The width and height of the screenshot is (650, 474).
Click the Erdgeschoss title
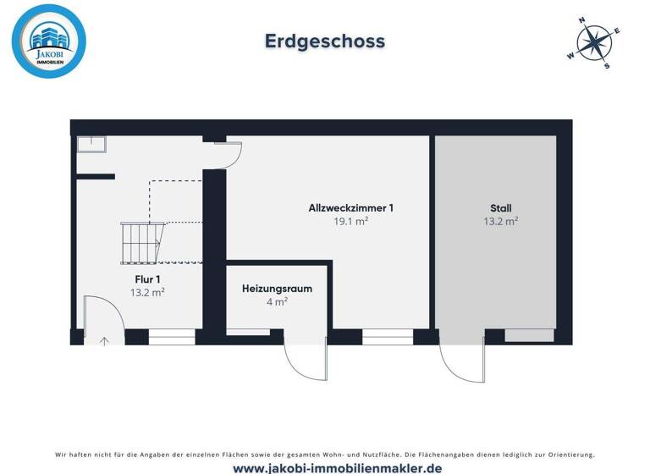coord(325,41)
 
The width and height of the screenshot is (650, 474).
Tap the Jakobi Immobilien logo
coord(49,41)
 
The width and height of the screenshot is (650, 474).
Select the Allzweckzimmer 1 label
coord(351,207)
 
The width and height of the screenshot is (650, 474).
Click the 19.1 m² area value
coord(351,222)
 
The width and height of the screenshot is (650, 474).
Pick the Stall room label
coord(500,207)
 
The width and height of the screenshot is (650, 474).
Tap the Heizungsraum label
coord(277,288)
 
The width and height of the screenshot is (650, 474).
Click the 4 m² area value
coord(277,301)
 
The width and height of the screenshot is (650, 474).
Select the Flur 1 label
coord(147,278)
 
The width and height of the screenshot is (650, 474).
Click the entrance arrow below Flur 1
coord(105,341)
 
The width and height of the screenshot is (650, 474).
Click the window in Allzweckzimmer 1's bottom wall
coord(388,336)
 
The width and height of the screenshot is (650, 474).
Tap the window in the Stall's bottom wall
coord(529,335)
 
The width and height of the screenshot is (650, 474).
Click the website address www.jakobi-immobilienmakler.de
coord(325,467)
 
